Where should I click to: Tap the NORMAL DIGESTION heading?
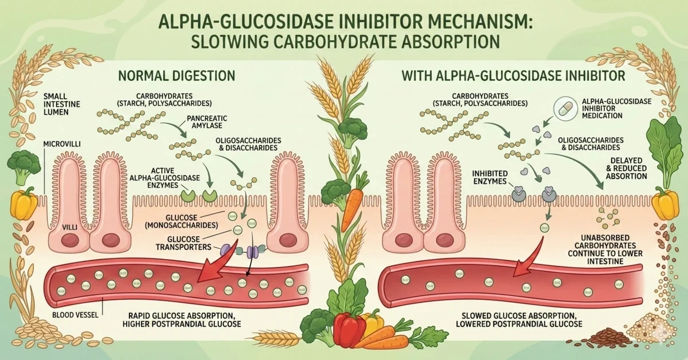click(176, 75)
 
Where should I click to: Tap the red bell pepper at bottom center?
click(350, 331)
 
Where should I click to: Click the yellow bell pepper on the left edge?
click(24, 205)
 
